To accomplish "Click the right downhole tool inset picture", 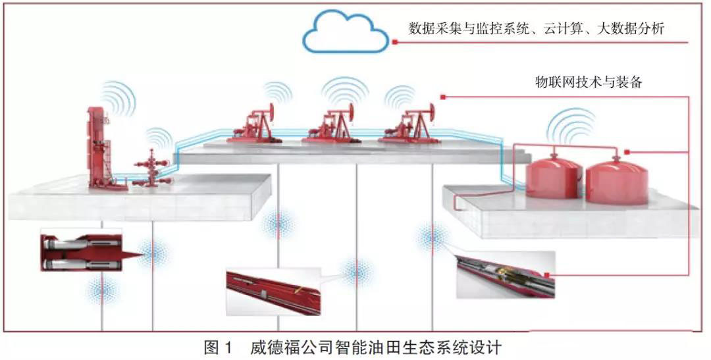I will click(x=503, y=274).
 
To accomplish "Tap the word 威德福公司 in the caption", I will click(x=282, y=347).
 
